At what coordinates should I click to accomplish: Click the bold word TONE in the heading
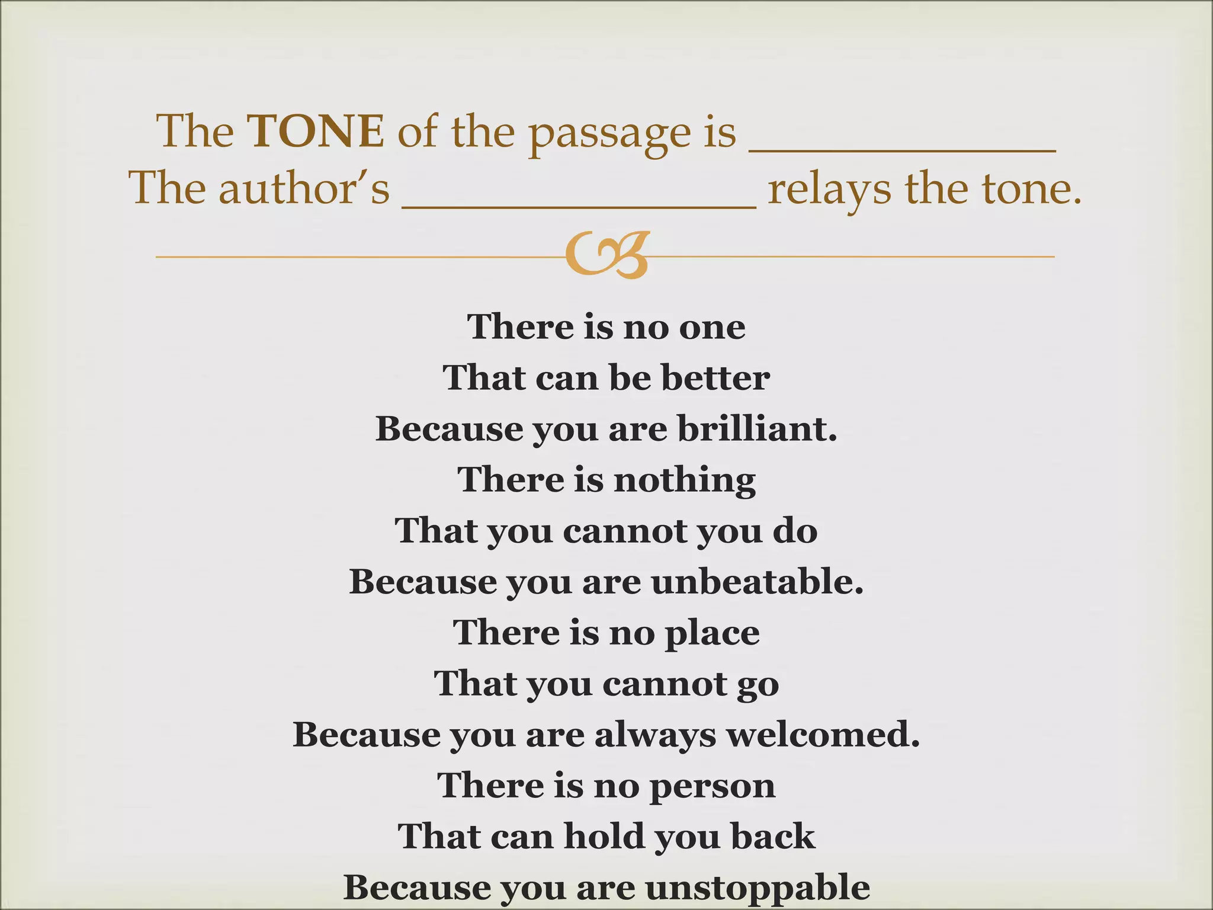(315, 131)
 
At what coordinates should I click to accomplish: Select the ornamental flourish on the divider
(607, 255)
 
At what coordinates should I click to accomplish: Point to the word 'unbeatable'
(756, 581)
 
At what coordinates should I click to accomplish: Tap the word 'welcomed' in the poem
(823, 734)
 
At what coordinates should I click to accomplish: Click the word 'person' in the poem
(712, 786)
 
